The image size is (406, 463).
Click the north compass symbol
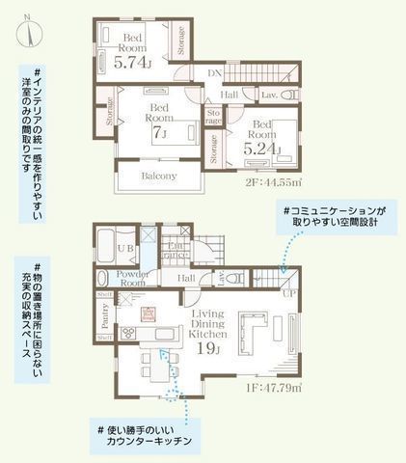[x=30, y=30]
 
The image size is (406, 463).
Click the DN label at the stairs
[x=214, y=72]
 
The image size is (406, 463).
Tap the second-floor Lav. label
[x=269, y=95]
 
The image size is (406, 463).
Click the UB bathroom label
[x=125, y=248]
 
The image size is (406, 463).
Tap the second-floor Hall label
[x=230, y=95]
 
